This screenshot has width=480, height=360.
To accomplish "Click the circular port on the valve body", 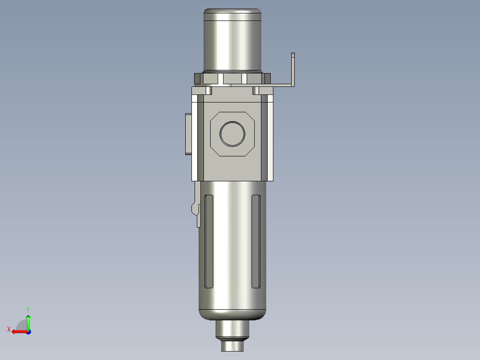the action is [232, 134].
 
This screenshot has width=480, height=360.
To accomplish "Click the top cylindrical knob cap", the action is [232, 40].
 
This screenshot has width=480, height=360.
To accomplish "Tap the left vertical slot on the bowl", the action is [209, 241].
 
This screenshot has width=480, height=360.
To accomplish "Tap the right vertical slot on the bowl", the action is [256, 241].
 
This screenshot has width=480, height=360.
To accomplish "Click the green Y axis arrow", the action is [28, 322].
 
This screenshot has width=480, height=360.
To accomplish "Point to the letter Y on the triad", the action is [28, 310].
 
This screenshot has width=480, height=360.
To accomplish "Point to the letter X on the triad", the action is [9, 329].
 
